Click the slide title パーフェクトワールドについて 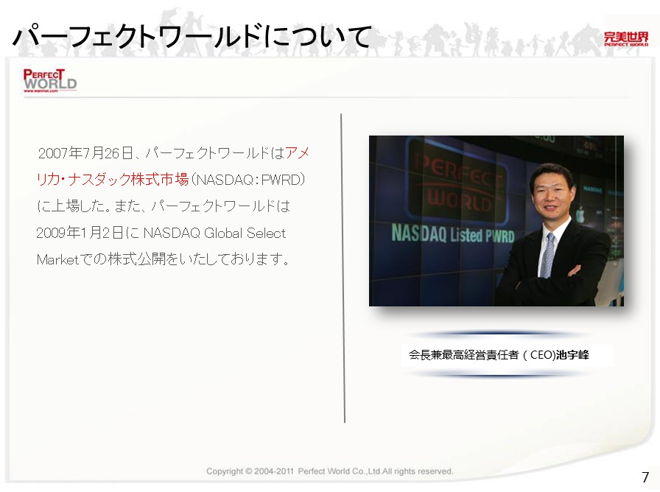pos(192,37)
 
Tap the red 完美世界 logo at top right pos(626,39)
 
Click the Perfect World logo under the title pos(49,80)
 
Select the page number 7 pos(645,477)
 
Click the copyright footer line pos(329,471)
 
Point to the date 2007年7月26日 pos(86,153)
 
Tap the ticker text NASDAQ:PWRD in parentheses pos(248,180)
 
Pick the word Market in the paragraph pos(58,259)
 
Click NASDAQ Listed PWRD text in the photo pos(453,234)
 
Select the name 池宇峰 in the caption pos(572,355)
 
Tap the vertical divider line pos(343,268)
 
